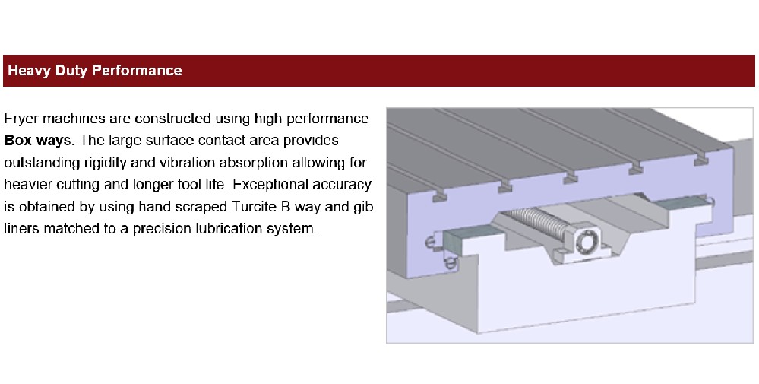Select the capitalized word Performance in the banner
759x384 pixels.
pyautogui.click(x=137, y=71)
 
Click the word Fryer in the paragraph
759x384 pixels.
pyautogui.click(x=21, y=119)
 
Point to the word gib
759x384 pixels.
pyautogui.click(x=362, y=207)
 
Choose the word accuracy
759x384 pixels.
pyautogui.click(x=343, y=185)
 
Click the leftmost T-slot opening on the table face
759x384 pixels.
pyautogui.click(x=439, y=197)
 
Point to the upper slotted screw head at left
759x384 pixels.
pyautogui.click(x=431, y=243)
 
